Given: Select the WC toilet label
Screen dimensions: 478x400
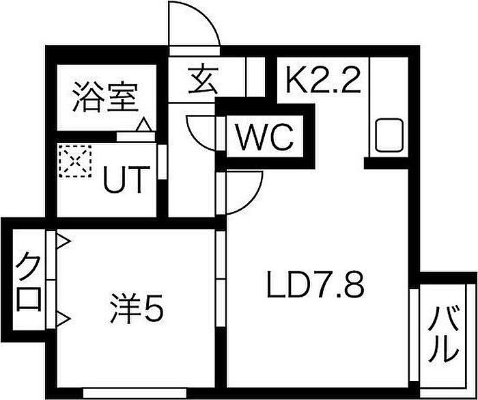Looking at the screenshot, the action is click(265, 137).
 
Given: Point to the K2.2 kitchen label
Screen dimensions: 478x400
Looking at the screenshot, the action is click(323, 79).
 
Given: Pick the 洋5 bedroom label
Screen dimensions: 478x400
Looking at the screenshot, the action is click(137, 308).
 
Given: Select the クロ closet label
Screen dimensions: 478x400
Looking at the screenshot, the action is click(29, 281).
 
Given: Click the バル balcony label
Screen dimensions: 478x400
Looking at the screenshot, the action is click(443, 334).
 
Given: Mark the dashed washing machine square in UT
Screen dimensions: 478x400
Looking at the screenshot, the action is click(75, 161).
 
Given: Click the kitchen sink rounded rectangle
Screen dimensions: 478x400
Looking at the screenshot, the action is click(389, 135).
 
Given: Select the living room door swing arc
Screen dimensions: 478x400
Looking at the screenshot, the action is click(253, 200).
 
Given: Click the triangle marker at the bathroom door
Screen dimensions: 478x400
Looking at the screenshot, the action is click(143, 125).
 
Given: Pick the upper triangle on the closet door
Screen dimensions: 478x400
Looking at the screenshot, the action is click(63, 242).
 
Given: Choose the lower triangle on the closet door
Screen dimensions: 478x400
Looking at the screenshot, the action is click(63, 319).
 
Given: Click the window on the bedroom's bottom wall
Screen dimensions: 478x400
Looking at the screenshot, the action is click(135, 392).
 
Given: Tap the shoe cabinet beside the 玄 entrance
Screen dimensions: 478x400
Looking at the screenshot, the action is click(255, 77).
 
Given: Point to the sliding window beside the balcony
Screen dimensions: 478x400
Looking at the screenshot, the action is click(414, 334).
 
